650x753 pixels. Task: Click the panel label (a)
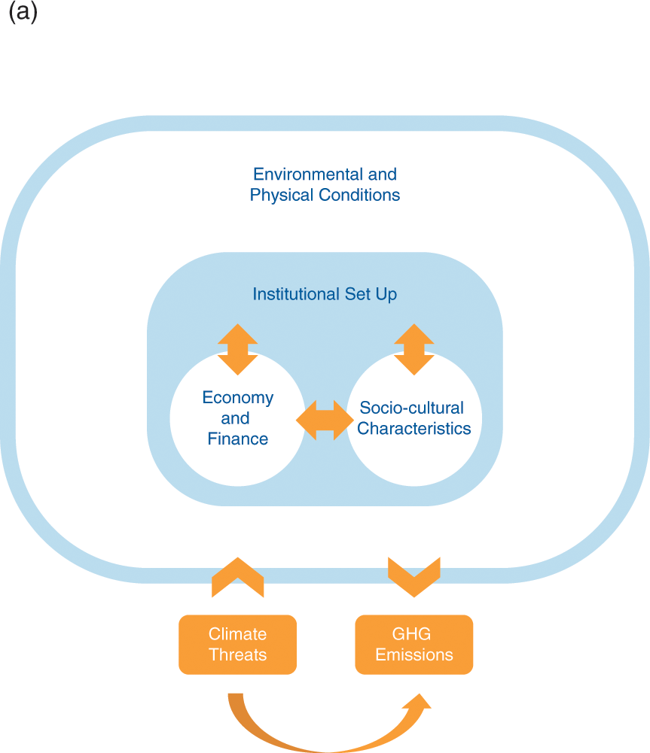tap(23, 14)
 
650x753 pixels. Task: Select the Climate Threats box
tap(237, 645)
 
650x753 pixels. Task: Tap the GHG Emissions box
tap(414, 645)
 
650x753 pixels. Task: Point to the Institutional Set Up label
tap(325, 293)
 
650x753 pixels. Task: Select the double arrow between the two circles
tap(325, 420)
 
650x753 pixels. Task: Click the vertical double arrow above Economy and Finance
tap(237, 349)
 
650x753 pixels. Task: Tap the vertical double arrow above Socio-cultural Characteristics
tap(413, 349)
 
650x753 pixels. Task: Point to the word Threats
tap(237, 654)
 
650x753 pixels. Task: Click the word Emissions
tap(414, 654)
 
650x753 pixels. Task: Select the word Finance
tap(237, 439)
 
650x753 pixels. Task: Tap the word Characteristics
tap(414, 429)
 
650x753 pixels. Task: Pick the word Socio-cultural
tap(411, 408)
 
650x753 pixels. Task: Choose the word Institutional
tap(297, 293)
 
